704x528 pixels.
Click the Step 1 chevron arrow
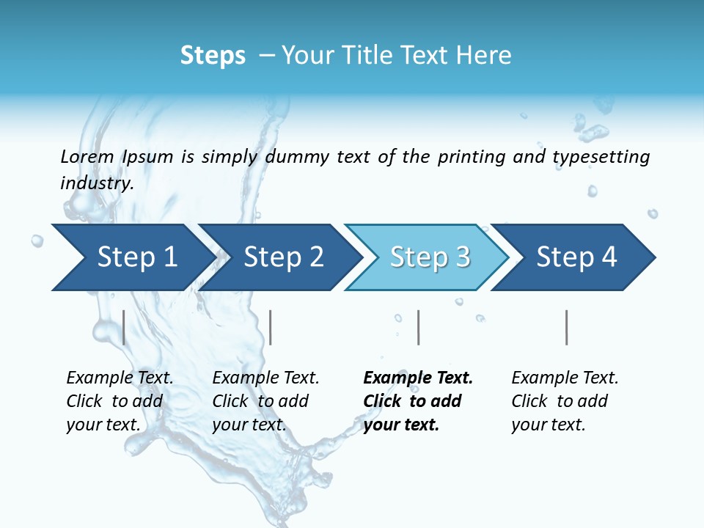pyautogui.click(x=132, y=257)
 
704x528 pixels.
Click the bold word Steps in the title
pyautogui.click(x=213, y=56)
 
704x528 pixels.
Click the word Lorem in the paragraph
pyautogui.click(x=87, y=156)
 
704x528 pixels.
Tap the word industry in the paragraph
pyautogui.click(x=96, y=183)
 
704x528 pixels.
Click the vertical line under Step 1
pyautogui.click(x=124, y=327)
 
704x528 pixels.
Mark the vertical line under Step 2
pyautogui.click(x=271, y=327)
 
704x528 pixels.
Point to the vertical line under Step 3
pyautogui.click(x=418, y=327)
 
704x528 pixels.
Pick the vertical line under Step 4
pyautogui.click(x=566, y=327)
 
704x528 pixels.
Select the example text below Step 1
pyautogui.click(x=120, y=401)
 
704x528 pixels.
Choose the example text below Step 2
pyautogui.click(x=265, y=401)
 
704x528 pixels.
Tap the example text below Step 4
pyautogui.click(x=565, y=401)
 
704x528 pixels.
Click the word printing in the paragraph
pyautogui.click(x=472, y=157)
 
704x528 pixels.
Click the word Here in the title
pyautogui.click(x=485, y=56)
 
